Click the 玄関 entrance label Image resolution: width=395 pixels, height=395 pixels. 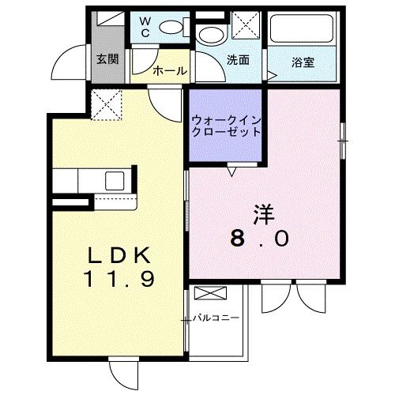click(x=107, y=59)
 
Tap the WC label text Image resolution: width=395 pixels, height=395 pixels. click(x=148, y=28)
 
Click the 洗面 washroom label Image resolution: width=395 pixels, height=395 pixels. click(x=238, y=59)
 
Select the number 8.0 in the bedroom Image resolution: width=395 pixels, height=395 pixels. click(x=261, y=237)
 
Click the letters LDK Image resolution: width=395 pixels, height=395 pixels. click(x=118, y=256)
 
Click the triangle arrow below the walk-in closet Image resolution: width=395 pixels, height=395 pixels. click(x=231, y=168)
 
